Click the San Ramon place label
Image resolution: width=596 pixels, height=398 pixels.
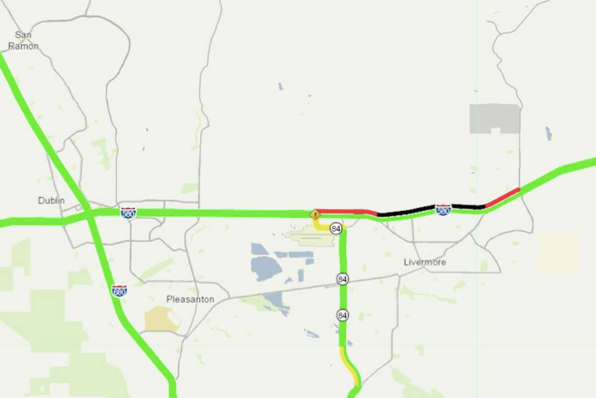(26, 40)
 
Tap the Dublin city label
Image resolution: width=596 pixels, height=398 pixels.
(52, 201)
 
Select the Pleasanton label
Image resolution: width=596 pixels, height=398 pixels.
(190, 300)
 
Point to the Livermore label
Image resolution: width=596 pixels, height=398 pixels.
(425, 262)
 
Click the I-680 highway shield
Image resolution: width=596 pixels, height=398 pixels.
(119, 291)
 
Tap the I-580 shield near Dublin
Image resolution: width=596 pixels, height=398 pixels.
(128, 212)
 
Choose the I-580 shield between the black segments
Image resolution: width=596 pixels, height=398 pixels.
(443, 210)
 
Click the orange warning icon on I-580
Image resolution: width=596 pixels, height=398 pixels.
(315, 215)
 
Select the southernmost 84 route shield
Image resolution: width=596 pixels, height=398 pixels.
(342, 315)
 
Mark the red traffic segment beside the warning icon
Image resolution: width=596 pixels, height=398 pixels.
(343, 211)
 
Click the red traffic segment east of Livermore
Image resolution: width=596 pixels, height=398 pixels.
(503, 197)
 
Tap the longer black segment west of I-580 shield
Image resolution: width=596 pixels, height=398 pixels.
(406, 210)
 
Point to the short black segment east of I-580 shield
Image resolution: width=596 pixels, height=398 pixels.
(468, 206)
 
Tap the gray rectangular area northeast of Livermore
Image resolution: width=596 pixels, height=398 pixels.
(495, 118)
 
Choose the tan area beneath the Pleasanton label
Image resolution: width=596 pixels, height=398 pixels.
(162, 319)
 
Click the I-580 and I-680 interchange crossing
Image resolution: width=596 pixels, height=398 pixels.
(88, 215)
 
